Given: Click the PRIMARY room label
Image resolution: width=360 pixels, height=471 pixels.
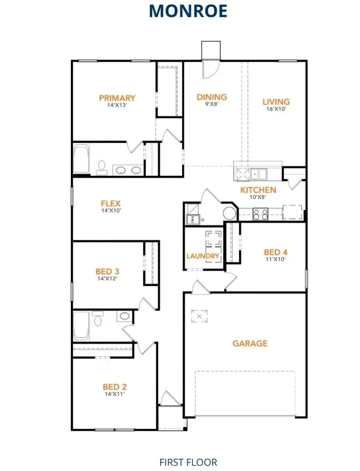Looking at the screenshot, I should [x=117, y=98].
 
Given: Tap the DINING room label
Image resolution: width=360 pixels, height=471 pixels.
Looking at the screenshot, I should [x=212, y=97].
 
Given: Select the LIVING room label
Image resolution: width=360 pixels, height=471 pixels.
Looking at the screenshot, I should [x=276, y=102].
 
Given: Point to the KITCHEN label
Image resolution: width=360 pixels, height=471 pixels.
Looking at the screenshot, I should [x=258, y=190].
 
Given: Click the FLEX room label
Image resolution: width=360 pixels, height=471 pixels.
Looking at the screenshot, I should [x=111, y=204].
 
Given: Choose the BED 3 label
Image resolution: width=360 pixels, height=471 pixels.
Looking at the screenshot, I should [x=108, y=271].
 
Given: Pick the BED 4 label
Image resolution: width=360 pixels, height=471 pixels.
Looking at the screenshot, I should [x=275, y=253].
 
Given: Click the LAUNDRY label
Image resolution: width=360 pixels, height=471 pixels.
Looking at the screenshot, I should [x=203, y=256].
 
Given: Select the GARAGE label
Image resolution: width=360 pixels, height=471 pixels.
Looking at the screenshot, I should [x=250, y=344].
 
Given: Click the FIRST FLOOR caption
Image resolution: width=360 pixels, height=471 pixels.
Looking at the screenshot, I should [x=188, y=462].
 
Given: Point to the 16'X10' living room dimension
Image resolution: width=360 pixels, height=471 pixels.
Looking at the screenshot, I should [x=276, y=109].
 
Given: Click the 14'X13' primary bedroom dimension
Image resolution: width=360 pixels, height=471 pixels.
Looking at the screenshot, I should [x=117, y=105].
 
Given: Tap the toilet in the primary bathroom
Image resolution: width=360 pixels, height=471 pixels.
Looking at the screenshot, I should [x=101, y=168].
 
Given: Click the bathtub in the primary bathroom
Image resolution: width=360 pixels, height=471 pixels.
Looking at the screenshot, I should [x=81, y=159].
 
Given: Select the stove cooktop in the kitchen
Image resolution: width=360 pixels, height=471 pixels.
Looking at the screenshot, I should [x=260, y=214].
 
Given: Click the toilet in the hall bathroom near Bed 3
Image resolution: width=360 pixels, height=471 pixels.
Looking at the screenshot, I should [x=97, y=320].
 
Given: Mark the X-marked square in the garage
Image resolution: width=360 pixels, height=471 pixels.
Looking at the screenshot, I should [x=198, y=316].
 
